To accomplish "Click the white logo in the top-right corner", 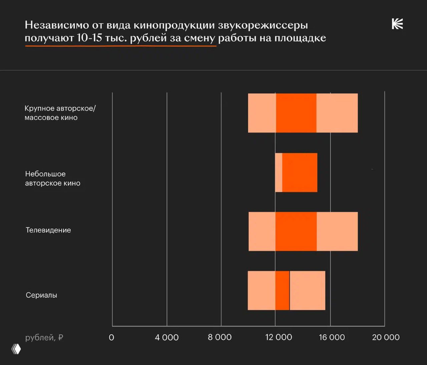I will [x=397, y=24].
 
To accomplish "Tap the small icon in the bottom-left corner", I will [x=16, y=349].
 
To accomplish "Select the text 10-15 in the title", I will [x=89, y=38].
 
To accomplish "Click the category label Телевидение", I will [x=48, y=230].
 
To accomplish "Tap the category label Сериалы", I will [x=41, y=295].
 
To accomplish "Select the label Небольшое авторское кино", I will [x=53, y=178].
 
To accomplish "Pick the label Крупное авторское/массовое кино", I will [x=60, y=113].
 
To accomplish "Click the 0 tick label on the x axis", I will [x=111, y=338].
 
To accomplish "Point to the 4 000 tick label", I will [x=166, y=338].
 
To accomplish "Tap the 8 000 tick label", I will [x=220, y=338].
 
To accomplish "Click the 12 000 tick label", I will [x=279, y=338].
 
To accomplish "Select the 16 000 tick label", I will [x=332, y=338].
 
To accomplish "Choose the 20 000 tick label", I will [x=386, y=338].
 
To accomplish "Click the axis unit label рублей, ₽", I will [x=44, y=338].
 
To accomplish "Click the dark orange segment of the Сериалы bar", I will [x=282, y=291].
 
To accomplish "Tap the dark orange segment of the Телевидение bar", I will [x=296, y=231].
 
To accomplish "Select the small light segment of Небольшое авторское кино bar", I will [x=279, y=172].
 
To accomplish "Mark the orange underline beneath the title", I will [x=120, y=46].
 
